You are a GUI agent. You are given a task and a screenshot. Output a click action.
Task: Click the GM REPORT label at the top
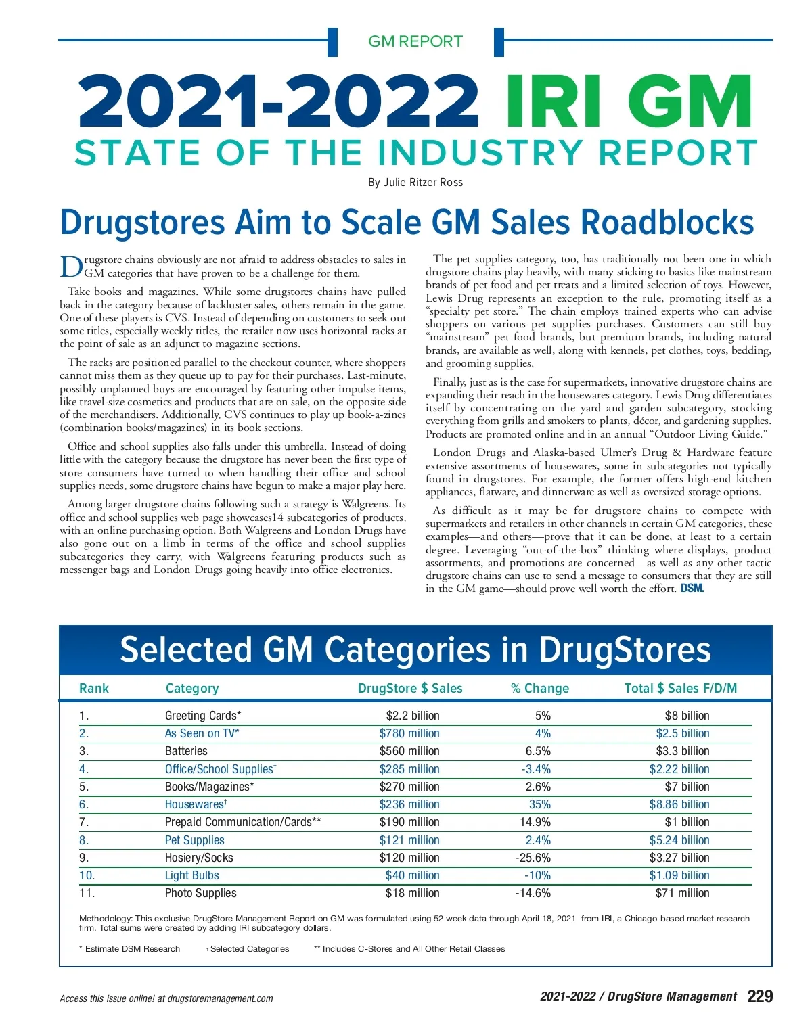point(415,41)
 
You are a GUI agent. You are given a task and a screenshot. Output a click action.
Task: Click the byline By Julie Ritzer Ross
point(415,182)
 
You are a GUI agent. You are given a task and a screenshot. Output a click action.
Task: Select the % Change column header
point(539,688)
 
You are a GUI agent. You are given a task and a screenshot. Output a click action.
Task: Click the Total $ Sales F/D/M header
point(680,688)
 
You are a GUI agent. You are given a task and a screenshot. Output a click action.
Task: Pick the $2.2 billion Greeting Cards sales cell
point(412,716)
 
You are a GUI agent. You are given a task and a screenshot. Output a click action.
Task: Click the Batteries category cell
point(186,751)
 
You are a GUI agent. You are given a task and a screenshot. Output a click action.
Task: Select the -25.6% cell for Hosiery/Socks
point(533,858)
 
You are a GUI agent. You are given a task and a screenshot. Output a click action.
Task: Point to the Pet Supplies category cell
point(194,840)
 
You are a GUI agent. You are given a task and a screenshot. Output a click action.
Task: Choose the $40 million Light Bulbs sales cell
point(412,875)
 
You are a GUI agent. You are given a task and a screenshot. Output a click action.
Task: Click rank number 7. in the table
point(84,822)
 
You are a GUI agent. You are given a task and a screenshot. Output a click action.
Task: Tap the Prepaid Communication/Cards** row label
point(243,822)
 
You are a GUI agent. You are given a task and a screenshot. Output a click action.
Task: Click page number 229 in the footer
point(760,996)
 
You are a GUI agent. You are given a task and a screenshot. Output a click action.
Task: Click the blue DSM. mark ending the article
point(692,589)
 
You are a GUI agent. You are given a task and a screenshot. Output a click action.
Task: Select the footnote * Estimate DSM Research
point(129,949)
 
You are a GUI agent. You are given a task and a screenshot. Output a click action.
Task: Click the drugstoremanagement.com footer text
point(220,998)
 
